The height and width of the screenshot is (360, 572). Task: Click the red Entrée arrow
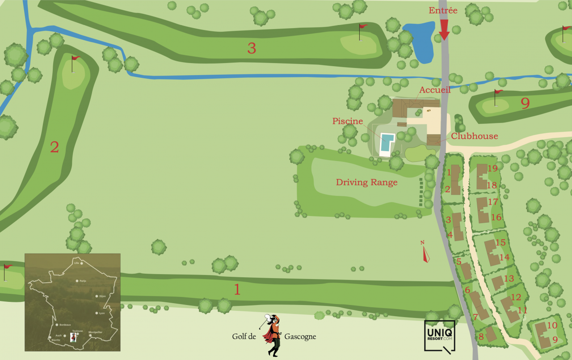click(444, 30)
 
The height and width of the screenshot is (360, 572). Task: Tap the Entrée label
click(443, 11)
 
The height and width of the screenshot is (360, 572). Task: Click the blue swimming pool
click(387, 143)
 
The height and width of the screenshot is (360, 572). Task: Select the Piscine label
click(348, 121)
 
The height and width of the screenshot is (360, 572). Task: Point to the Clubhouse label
click(474, 136)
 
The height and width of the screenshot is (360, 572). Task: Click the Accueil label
click(435, 90)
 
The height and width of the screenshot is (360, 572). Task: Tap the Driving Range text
click(366, 182)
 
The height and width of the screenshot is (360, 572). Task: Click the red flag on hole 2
click(76, 58)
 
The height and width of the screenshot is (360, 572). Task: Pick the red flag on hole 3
click(363, 26)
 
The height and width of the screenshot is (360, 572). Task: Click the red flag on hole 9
click(499, 92)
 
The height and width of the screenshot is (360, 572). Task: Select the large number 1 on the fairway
click(237, 290)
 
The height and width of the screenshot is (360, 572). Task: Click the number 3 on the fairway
click(252, 48)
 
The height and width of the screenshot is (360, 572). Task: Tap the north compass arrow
click(425, 253)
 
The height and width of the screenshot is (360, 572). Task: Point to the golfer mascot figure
click(271, 335)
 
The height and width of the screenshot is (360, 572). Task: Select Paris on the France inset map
click(78, 280)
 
